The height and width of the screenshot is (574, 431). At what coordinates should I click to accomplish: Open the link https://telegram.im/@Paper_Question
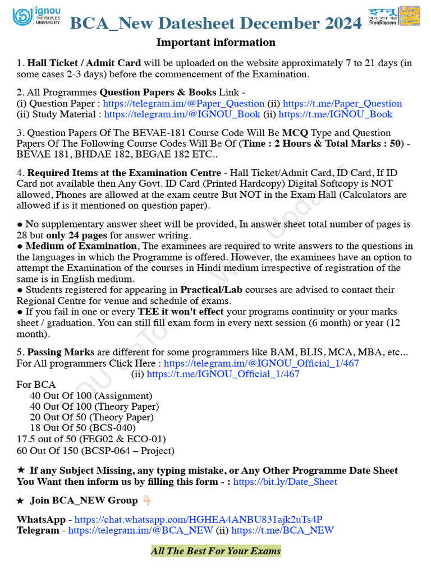tap(184, 104)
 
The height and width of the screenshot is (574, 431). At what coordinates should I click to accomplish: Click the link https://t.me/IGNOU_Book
tap(335, 114)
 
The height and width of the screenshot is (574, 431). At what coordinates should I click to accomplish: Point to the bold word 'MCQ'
tap(295, 133)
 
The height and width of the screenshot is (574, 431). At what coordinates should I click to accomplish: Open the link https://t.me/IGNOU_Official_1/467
tap(223, 374)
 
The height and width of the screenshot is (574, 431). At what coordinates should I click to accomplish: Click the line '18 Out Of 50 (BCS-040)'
tap(82, 428)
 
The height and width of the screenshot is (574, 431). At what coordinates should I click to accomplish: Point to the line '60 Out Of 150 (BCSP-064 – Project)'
tap(95, 451)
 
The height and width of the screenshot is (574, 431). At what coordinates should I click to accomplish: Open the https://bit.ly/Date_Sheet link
tap(285, 482)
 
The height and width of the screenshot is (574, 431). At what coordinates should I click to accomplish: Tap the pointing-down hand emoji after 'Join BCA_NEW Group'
tap(146, 501)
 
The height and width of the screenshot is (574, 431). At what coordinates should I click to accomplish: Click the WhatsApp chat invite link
tap(198, 520)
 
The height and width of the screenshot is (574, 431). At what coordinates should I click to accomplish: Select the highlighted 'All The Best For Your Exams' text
tap(215, 551)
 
